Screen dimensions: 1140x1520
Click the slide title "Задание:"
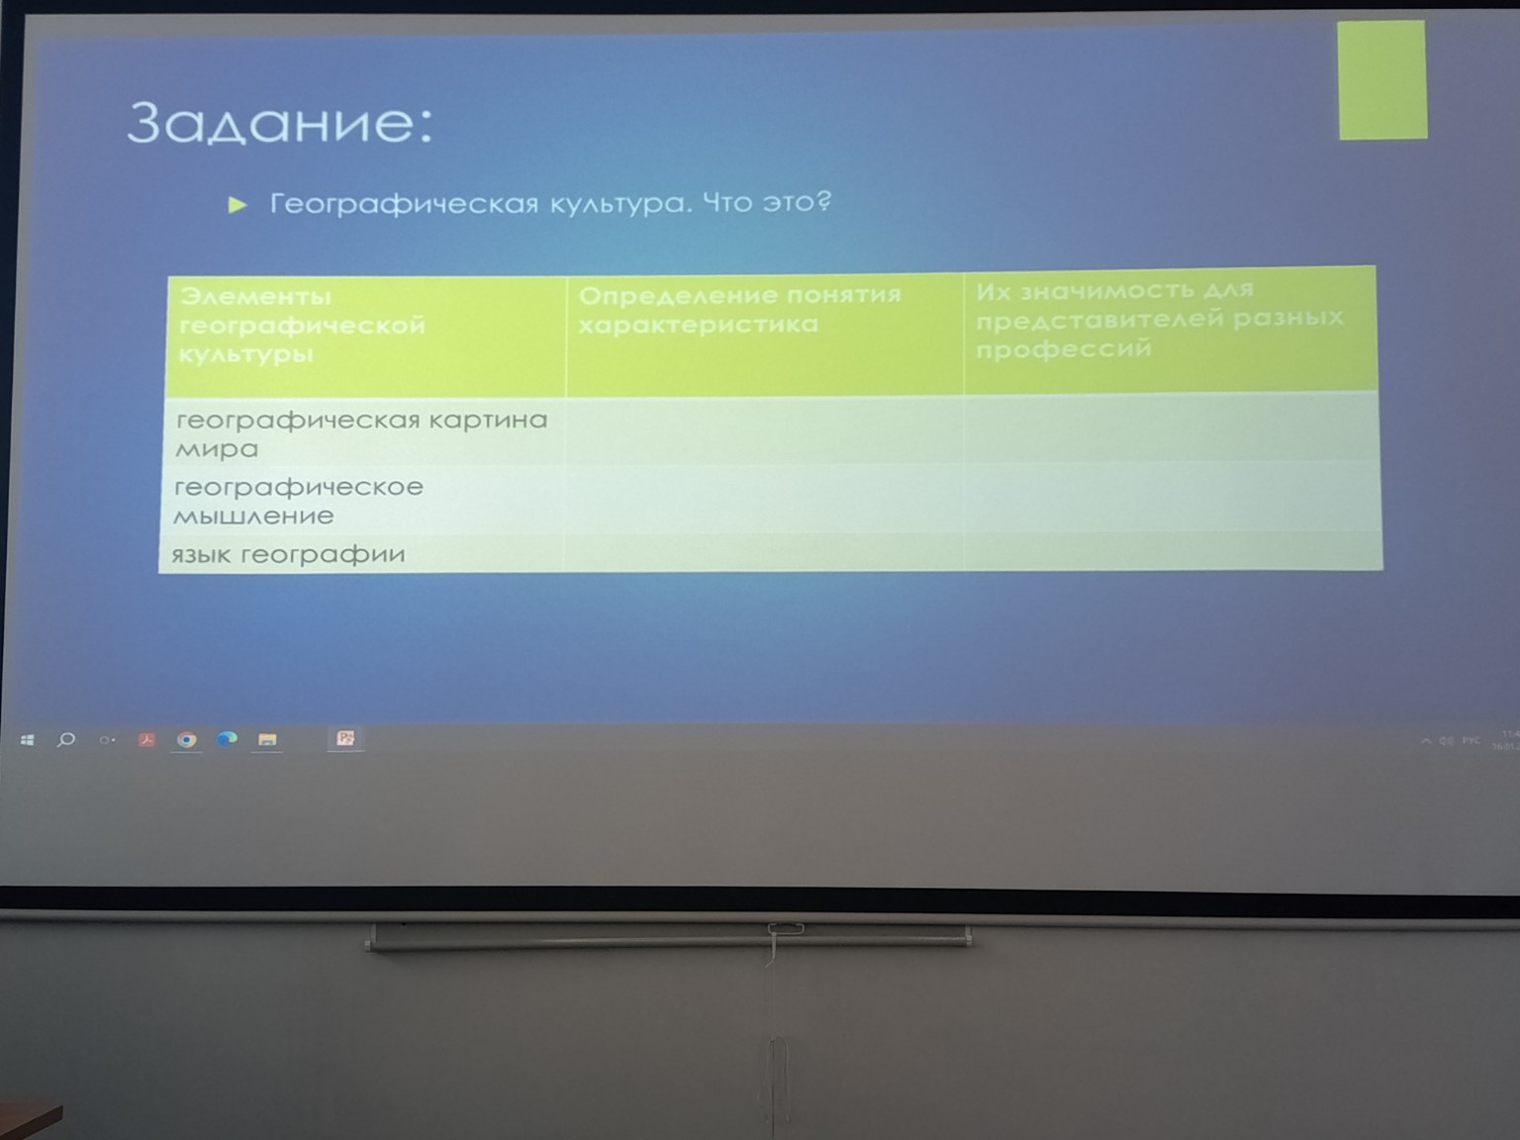tap(280, 123)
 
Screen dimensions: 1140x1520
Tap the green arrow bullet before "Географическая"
tap(237, 205)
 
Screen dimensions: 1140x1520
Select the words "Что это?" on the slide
tap(767, 202)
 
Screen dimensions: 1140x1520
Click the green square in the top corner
tap(1381, 80)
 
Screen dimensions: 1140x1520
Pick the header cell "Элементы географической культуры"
tap(303, 325)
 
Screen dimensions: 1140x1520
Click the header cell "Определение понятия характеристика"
tap(739, 310)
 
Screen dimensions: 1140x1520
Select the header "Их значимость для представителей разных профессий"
tap(1159, 319)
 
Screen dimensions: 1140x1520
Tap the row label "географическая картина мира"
tap(361, 433)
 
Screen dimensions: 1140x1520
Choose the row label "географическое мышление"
tap(298, 501)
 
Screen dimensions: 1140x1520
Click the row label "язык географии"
tap(288, 554)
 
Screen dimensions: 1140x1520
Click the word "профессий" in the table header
tap(1064, 348)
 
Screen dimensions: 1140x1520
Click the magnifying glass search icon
tap(66, 739)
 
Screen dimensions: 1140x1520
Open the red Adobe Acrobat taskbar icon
tap(146, 739)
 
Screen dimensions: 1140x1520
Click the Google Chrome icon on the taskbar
tap(186, 739)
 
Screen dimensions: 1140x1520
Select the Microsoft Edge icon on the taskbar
tap(227, 739)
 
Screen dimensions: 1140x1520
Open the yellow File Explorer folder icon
tap(267, 739)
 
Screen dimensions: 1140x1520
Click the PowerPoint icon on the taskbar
tap(345, 738)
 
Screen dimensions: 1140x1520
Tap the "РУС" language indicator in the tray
tap(1472, 740)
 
